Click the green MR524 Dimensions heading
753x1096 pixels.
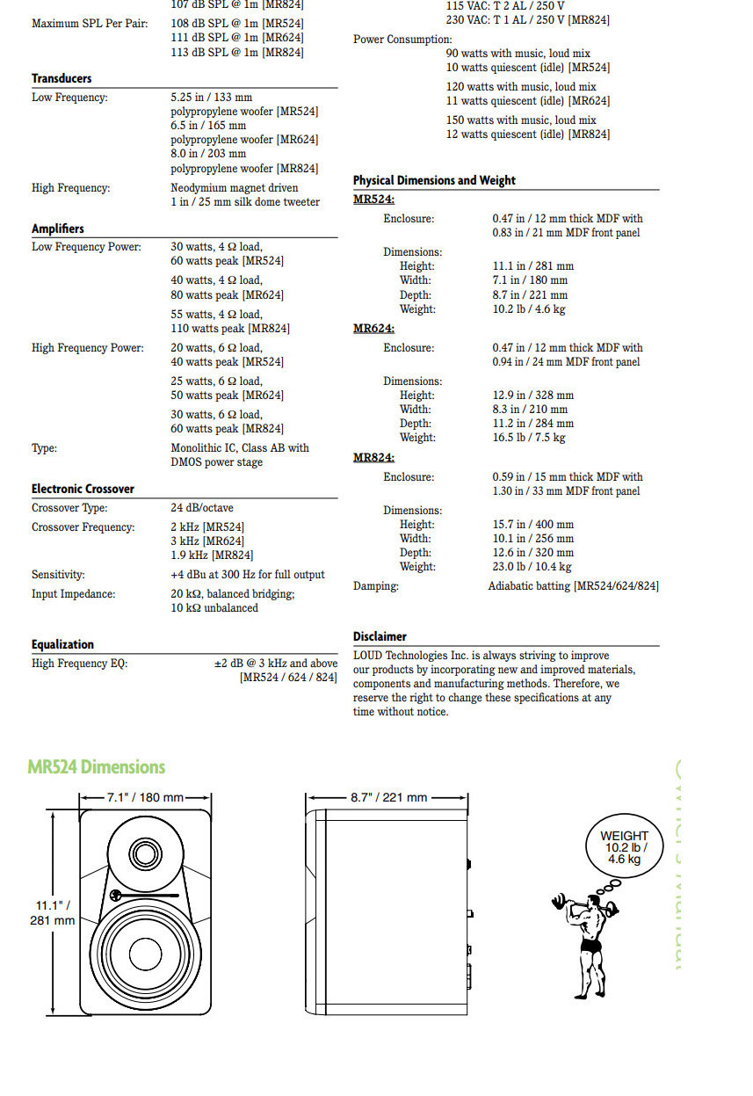(96, 767)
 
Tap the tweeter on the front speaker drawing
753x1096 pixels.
(145, 853)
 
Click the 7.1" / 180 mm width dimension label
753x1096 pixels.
(145, 797)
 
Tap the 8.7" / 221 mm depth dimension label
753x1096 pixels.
(388, 797)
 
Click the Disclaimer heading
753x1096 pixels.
(380, 636)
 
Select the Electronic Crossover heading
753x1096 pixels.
(83, 489)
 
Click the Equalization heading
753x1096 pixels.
(62, 644)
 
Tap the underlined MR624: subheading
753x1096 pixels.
(373, 329)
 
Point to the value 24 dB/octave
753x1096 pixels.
(202, 508)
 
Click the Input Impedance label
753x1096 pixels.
(73, 594)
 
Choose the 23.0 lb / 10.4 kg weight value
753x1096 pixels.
(532, 567)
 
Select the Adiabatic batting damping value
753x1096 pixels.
(573, 586)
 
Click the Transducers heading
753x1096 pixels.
(62, 78)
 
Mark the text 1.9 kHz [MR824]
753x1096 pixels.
(212, 555)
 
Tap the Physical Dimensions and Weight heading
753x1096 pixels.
(434, 180)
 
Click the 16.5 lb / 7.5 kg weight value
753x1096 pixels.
(528, 438)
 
